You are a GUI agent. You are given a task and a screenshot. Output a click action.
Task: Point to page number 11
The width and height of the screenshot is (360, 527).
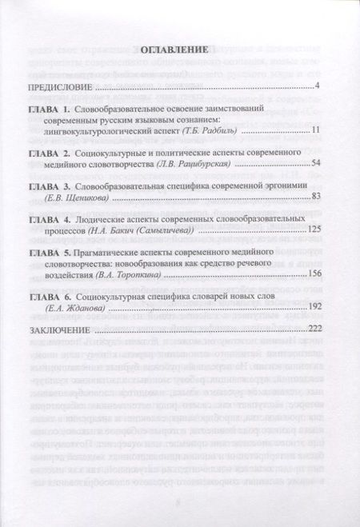[x=315, y=130]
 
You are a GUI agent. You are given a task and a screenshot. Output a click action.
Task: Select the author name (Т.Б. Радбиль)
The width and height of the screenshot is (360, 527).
[x=211, y=130]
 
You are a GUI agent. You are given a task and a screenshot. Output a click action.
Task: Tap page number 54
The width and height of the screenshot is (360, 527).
[x=314, y=162]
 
